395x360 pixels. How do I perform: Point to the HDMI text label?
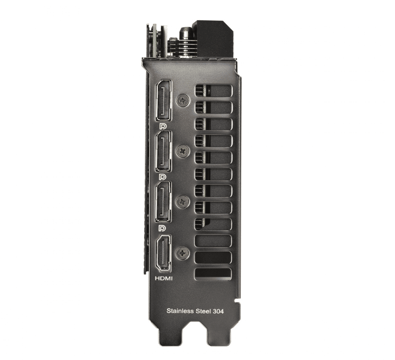[163, 278]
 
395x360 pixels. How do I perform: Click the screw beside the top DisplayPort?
[182, 100]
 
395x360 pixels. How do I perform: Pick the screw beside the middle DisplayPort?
[182, 150]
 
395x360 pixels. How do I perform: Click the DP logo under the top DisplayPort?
[163, 126]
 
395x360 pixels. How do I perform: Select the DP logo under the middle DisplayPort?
[163, 176]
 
